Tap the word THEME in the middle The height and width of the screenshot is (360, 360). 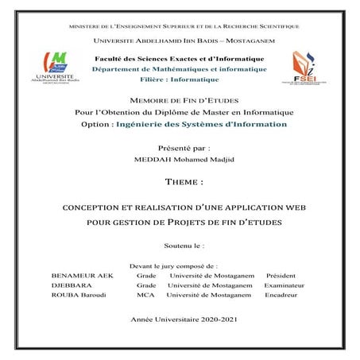point(180,181)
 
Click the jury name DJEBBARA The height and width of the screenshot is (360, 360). point(67,284)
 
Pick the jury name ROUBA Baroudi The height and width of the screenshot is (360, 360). point(75,295)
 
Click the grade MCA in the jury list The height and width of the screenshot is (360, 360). point(145,295)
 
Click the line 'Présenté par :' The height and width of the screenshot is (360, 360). point(180,148)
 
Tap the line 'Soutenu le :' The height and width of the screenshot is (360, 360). point(179,247)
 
